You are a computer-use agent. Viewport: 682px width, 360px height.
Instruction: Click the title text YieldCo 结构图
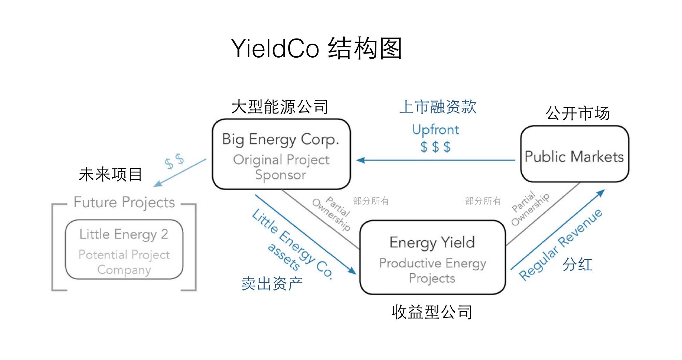point(316,48)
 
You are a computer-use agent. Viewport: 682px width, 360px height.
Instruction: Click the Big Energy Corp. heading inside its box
point(280,139)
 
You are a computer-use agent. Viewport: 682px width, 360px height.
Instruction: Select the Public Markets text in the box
point(574,156)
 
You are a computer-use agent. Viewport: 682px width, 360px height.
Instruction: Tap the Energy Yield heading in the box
point(432,242)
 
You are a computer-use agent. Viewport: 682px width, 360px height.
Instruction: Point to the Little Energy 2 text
point(124,234)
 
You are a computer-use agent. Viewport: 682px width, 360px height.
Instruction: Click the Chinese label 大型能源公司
point(280,107)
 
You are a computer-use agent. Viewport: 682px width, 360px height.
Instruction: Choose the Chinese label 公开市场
point(577,113)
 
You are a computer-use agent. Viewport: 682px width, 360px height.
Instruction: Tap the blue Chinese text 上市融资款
point(438,107)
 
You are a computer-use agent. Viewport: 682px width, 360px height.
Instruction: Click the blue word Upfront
point(435,130)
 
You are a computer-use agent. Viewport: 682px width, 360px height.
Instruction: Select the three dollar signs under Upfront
point(435,147)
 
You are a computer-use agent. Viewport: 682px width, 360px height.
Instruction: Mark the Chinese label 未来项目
point(110,174)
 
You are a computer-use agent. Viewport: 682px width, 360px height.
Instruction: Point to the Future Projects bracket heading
point(124,202)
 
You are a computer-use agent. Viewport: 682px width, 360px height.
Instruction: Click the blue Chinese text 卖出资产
point(272,283)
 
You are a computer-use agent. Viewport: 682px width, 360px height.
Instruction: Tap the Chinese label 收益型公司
point(432,312)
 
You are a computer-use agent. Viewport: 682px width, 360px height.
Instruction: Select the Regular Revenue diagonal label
point(560,245)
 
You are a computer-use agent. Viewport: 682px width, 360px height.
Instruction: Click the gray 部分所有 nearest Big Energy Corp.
point(371,201)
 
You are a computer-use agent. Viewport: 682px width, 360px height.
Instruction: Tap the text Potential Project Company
point(124,262)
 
